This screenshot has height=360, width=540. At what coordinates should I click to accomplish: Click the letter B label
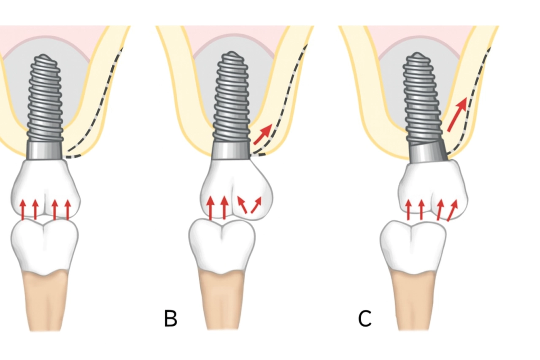coord(170,319)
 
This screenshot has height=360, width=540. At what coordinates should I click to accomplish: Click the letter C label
coord(365,319)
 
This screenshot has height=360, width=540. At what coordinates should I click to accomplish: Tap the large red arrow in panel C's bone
coord(457,113)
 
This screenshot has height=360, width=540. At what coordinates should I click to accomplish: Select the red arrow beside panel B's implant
coord(262,134)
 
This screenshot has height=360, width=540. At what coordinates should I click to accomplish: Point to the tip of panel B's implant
coord(231,54)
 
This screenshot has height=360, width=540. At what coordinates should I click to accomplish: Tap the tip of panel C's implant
coord(417,54)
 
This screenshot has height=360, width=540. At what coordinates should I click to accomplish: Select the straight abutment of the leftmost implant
coord(45,150)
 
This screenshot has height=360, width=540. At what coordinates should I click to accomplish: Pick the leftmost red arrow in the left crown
coord(23,209)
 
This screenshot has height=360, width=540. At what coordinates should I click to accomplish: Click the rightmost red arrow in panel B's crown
coord(256,205)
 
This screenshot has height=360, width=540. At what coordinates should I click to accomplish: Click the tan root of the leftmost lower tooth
coord(46,300)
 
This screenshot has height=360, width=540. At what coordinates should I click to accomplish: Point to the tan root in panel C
coord(414,300)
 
